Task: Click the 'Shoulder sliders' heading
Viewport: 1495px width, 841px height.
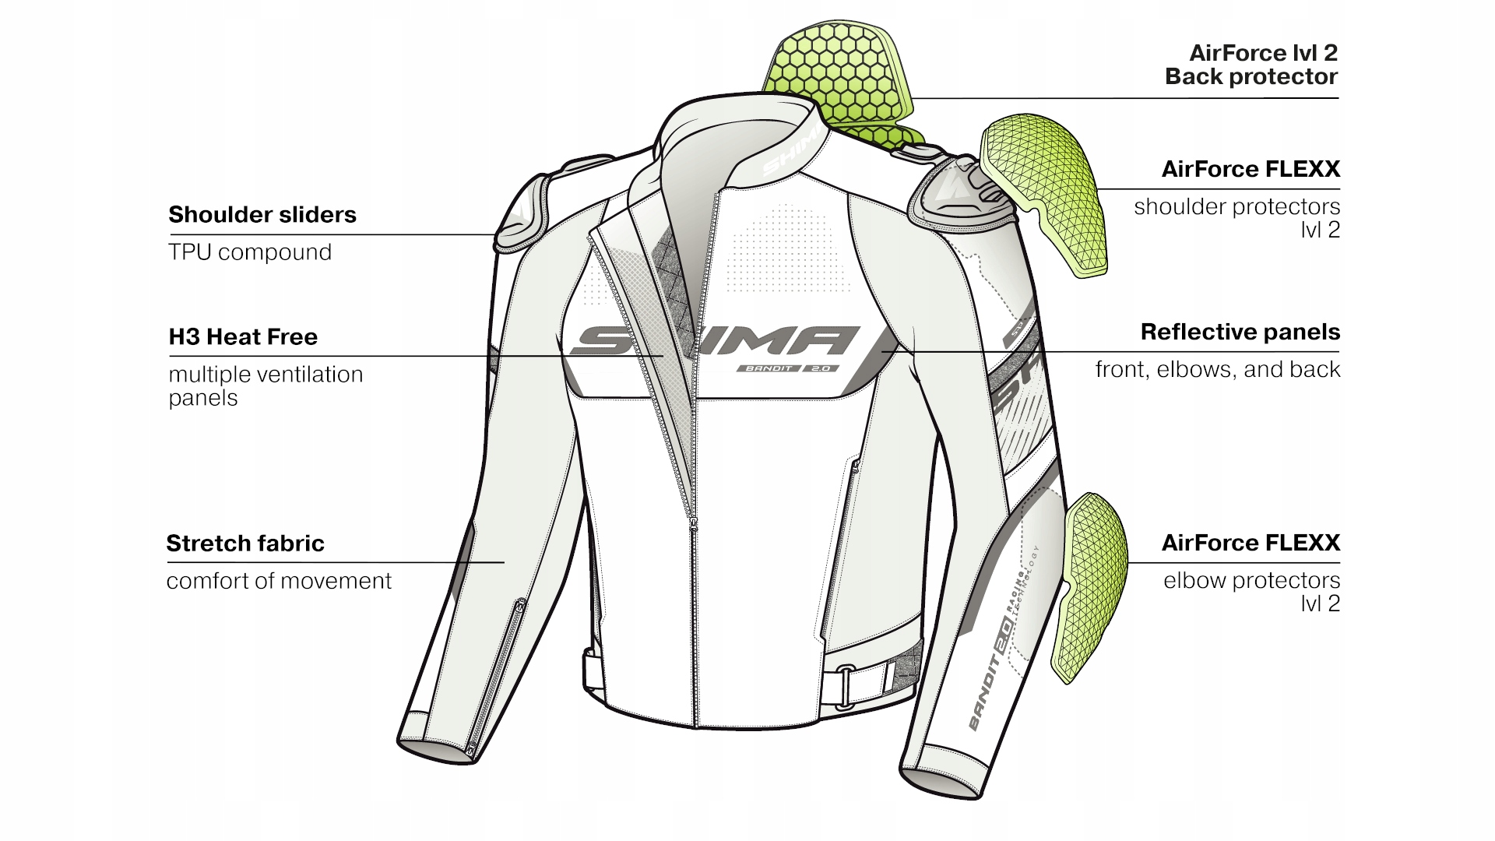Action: (x=262, y=215)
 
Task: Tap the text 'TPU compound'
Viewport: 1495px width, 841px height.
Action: (x=250, y=252)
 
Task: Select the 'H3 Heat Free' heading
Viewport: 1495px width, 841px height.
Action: (x=243, y=337)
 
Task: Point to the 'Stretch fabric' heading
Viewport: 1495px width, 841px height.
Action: (x=245, y=544)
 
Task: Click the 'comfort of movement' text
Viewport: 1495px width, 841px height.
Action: (x=279, y=581)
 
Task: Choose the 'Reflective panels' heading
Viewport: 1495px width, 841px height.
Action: (x=1240, y=333)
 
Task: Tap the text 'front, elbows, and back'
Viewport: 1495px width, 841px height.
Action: (x=1217, y=369)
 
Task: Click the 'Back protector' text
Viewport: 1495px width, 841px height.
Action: (x=1251, y=77)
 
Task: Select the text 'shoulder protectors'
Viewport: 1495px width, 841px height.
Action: (x=1236, y=207)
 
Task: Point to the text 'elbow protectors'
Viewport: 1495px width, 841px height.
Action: (x=1251, y=581)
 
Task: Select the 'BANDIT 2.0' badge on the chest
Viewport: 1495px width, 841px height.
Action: (x=787, y=368)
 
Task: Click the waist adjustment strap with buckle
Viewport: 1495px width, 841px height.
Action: (x=864, y=676)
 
